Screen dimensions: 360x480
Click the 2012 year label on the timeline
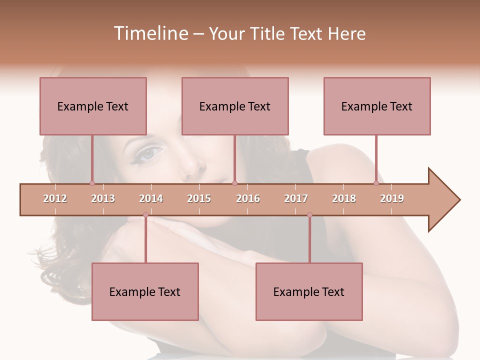tap(55, 198)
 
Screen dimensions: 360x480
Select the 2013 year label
tap(103, 198)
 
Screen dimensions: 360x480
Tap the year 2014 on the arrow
tap(151, 198)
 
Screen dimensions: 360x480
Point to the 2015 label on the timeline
tap(199, 198)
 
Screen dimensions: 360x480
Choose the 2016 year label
tap(248, 198)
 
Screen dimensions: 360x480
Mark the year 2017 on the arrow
tap(296, 198)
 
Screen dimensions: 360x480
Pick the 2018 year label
tap(344, 198)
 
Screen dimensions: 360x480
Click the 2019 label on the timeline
tap(392, 198)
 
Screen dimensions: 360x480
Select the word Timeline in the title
tap(149, 33)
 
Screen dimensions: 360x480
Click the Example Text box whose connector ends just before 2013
tap(93, 106)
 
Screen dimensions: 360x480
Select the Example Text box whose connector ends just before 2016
tap(235, 106)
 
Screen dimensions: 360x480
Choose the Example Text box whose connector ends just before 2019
tap(377, 106)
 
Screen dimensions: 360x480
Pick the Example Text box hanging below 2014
tap(145, 291)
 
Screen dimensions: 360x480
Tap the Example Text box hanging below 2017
tap(309, 291)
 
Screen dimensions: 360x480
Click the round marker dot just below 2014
tap(145, 214)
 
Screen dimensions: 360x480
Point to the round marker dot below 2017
tap(309, 214)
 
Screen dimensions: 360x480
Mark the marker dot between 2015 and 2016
tap(235, 183)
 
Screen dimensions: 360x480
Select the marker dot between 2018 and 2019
tap(376, 183)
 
